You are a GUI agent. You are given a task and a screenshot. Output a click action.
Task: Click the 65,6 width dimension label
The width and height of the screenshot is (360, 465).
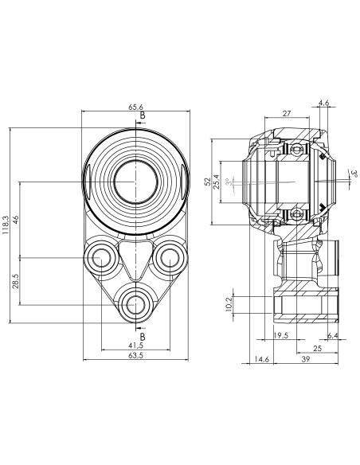(x=135, y=107)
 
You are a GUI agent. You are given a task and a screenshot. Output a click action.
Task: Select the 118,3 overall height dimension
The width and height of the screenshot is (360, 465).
(x=6, y=225)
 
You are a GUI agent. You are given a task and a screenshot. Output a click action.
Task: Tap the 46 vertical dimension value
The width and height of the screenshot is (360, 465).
(x=16, y=220)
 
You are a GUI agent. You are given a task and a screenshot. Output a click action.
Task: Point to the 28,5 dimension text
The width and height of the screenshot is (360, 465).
(x=16, y=281)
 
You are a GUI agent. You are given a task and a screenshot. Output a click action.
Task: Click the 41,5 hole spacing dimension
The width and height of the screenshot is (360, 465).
(x=136, y=346)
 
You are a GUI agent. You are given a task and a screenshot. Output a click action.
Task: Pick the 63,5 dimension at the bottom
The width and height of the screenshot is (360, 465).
(x=136, y=355)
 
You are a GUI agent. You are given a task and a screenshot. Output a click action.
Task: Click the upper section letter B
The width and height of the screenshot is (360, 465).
(x=143, y=115)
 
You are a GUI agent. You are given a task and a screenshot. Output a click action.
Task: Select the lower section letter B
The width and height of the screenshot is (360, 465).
(x=143, y=337)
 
